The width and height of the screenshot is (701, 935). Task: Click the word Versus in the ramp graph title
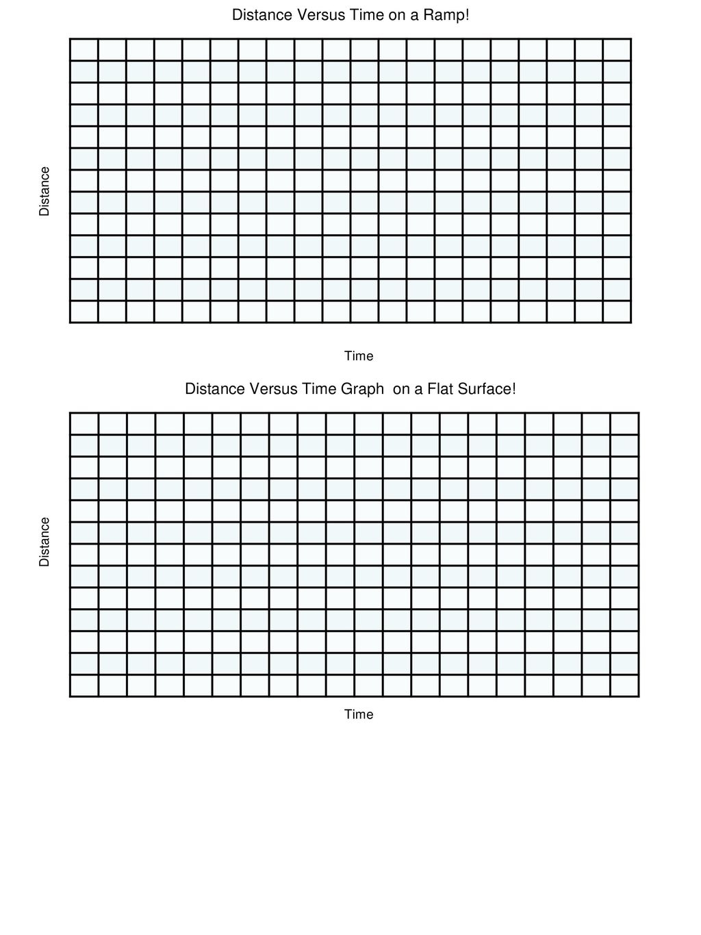[x=309, y=15]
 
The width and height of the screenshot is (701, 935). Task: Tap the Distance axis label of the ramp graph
[x=44, y=191]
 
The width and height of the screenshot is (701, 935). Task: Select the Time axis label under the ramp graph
[x=359, y=356]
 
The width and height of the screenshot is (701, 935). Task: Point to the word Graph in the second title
[x=362, y=390]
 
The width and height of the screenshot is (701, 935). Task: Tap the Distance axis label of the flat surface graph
[x=44, y=542]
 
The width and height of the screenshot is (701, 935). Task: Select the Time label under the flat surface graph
[x=359, y=714]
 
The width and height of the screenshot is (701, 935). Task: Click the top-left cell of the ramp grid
[x=84, y=50]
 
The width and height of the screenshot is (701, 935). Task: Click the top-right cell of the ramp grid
[x=617, y=50]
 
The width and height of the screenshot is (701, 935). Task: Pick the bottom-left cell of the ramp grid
[x=84, y=312]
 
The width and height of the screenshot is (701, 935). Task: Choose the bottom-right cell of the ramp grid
[x=617, y=312]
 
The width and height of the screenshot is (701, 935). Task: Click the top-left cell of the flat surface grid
[x=84, y=424]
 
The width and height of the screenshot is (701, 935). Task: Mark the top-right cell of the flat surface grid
[x=624, y=424]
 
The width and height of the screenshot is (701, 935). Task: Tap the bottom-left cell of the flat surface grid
[x=84, y=686]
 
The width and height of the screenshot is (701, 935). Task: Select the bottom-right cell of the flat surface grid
[x=624, y=686]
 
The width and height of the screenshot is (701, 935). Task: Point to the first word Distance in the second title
[x=216, y=389]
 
